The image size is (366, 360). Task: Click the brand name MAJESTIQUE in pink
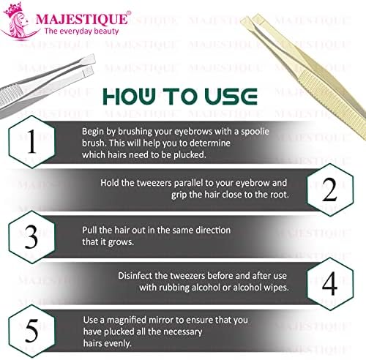click(82, 18)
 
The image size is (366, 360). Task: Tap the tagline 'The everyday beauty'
click(81, 31)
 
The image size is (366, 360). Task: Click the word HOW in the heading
click(129, 97)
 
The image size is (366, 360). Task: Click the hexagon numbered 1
click(31, 142)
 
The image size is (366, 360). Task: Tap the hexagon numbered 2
click(330, 190)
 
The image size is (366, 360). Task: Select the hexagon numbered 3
click(31, 237)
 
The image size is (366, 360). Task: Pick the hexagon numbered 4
click(330, 284)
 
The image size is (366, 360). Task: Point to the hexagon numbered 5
click(31, 331)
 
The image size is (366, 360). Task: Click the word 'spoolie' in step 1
click(255, 132)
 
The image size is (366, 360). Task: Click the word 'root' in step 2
click(280, 195)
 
